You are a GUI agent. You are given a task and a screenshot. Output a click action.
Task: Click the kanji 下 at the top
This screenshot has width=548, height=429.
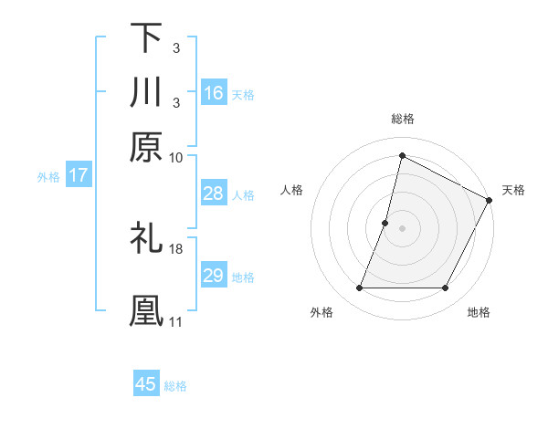click(x=146, y=38)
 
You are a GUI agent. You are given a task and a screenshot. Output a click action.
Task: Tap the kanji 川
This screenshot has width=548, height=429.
click(x=146, y=92)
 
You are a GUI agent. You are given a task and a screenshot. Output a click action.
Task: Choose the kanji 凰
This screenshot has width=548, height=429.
click(x=146, y=309)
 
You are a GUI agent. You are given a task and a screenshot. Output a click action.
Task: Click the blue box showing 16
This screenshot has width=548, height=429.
click(x=213, y=93)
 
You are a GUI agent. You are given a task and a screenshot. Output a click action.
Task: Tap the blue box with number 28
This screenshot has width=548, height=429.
click(x=213, y=194)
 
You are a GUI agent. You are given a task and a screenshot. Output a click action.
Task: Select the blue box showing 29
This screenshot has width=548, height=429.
click(x=213, y=276)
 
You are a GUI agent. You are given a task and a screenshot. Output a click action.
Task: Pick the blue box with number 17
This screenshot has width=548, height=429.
click(x=79, y=175)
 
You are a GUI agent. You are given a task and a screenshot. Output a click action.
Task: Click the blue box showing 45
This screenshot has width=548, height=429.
click(x=146, y=384)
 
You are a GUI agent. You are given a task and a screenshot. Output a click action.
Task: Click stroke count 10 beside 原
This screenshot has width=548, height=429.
click(x=176, y=157)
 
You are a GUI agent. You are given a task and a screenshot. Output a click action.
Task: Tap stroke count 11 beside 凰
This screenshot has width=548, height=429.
click(x=176, y=321)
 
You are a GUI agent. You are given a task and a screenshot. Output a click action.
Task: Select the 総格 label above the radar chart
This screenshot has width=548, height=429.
click(x=402, y=119)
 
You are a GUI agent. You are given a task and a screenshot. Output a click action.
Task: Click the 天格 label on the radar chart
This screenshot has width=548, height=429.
click(x=513, y=190)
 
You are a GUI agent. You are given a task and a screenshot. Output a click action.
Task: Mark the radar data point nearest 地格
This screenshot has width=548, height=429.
click(x=446, y=288)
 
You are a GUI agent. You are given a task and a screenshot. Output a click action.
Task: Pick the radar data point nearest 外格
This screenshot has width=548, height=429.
click(x=359, y=288)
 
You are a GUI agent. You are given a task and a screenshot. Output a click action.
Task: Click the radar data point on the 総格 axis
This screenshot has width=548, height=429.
click(x=402, y=155)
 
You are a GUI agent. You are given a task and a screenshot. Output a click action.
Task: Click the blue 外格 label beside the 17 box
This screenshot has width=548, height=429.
click(x=47, y=176)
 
